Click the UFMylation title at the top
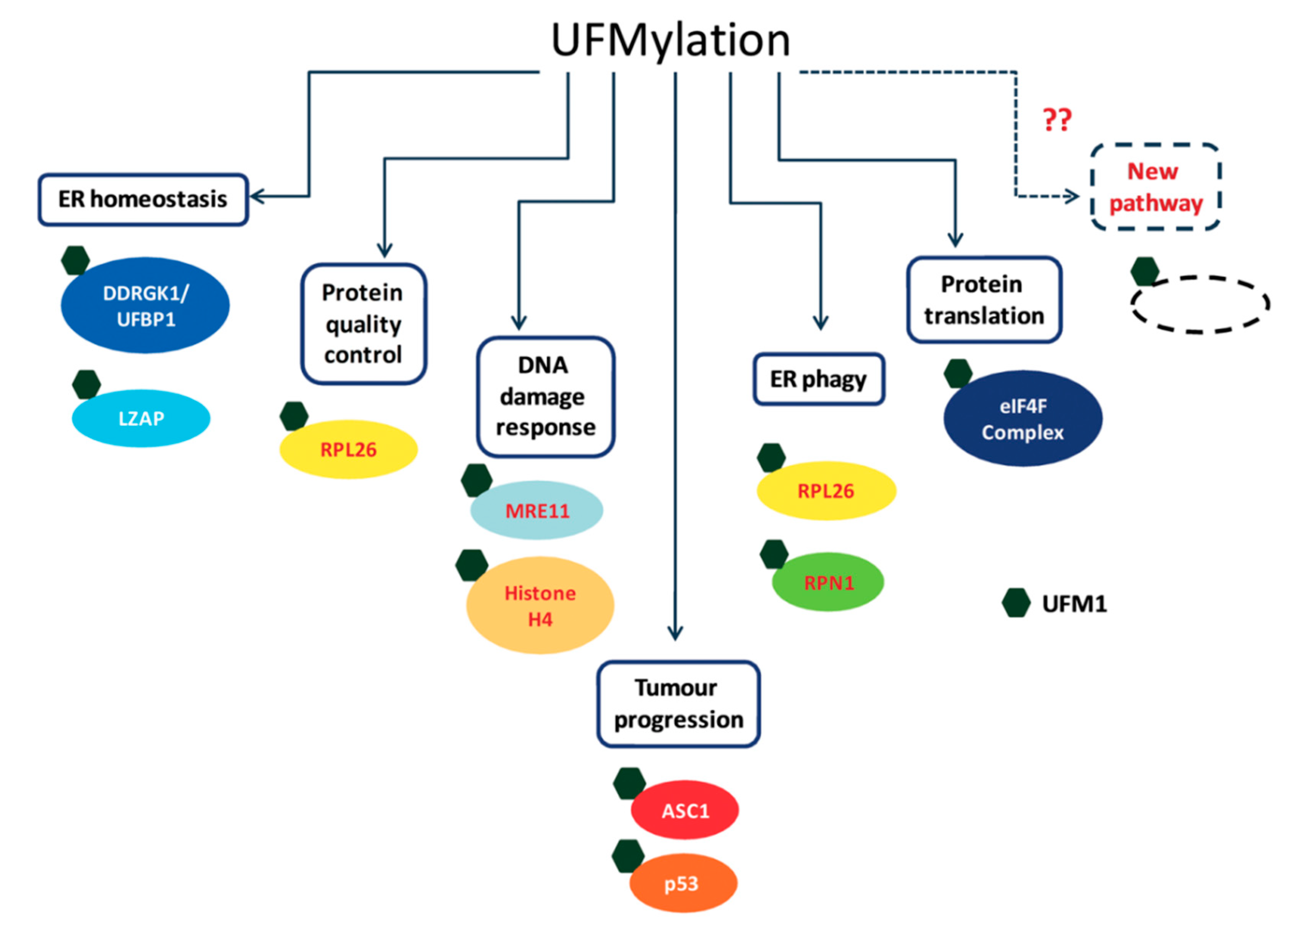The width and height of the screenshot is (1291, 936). (670, 41)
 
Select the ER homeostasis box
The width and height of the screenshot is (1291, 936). (143, 200)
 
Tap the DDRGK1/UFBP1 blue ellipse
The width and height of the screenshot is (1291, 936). (145, 305)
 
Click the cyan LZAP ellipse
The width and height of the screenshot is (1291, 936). (141, 418)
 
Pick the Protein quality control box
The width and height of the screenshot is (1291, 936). (363, 324)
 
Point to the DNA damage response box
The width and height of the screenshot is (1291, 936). (545, 396)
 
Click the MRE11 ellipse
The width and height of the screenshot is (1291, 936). (537, 510)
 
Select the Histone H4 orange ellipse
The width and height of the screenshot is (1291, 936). (540, 605)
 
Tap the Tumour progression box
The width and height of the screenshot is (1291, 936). (678, 704)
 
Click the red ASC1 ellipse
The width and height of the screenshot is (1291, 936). (685, 810)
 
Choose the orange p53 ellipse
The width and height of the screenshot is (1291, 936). (683, 884)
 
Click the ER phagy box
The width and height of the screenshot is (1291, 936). (819, 379)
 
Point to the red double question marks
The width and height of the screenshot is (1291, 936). (1057, 120)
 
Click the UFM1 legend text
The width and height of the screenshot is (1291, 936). (1074, 604)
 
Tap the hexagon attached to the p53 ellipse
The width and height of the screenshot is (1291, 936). (627, 856)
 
